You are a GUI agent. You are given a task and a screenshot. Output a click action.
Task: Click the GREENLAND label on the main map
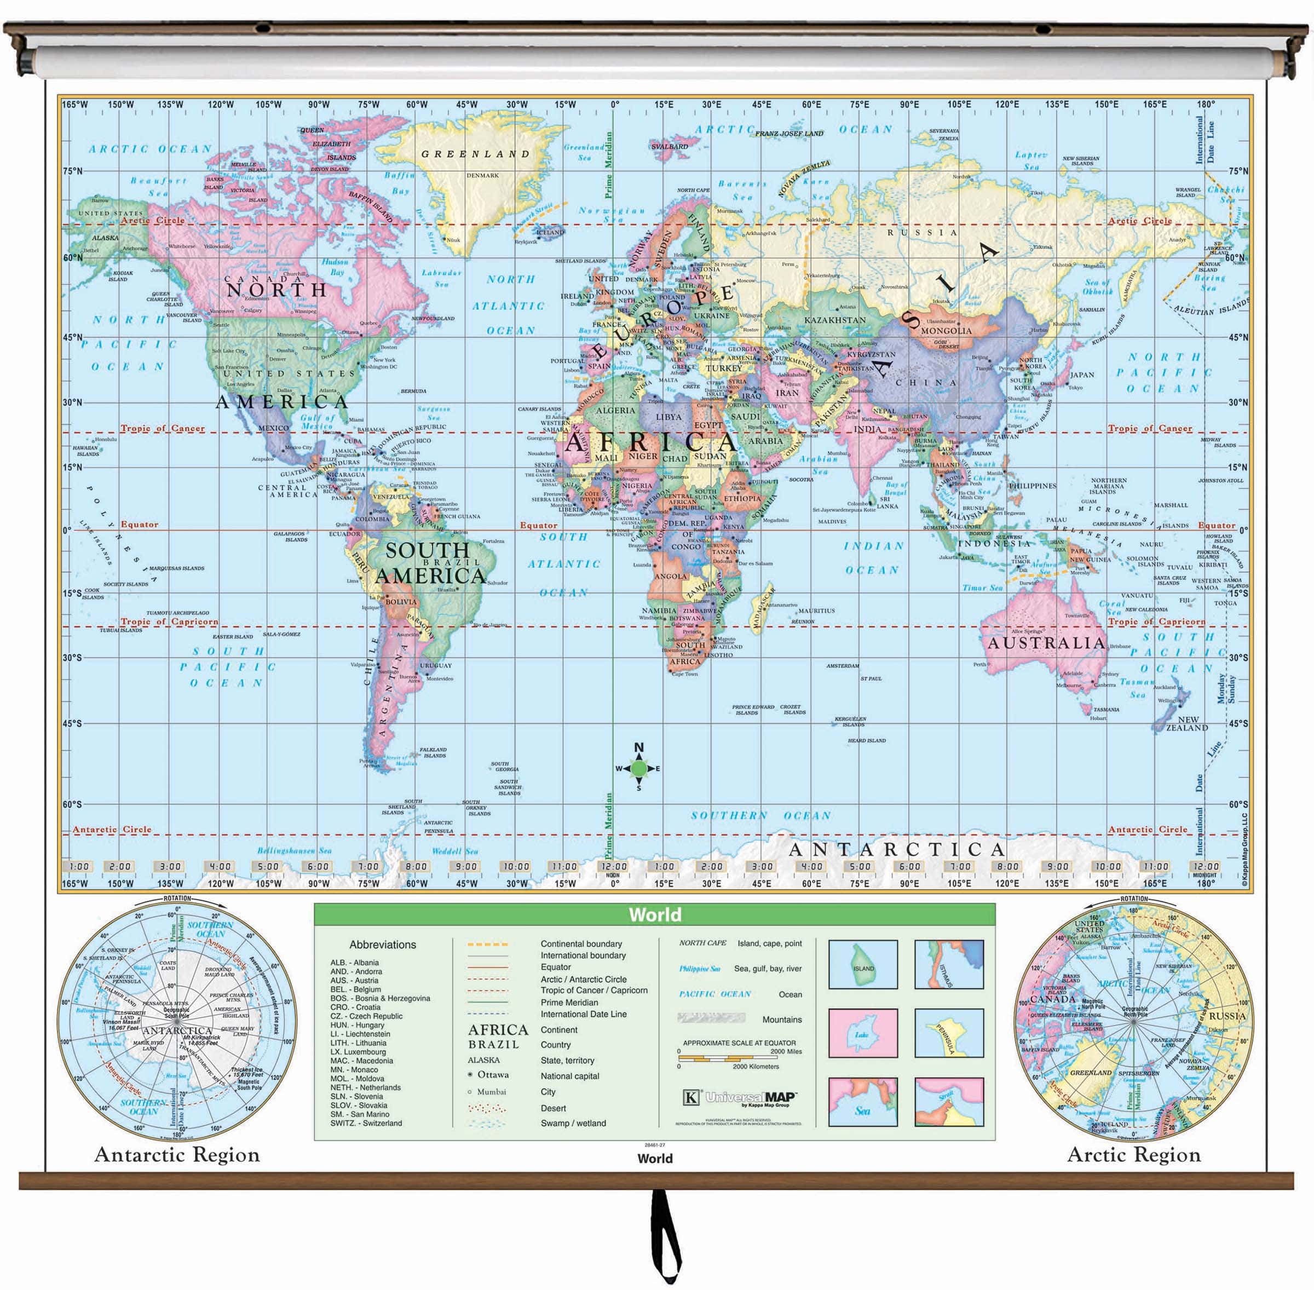pyautogui.click(x=475, y=154)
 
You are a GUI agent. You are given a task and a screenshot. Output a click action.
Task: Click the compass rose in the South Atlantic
pyautogui.click(x=639, y=768)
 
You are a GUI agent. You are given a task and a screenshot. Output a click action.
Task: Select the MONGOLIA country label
pyautogui.click(x=946, y=331)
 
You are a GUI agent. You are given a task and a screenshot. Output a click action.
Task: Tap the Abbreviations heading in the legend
pyautogui.click(x=383, y=945)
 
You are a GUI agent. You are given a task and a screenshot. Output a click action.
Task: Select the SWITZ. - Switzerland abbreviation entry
pyautogui.click(x=366, y=1122)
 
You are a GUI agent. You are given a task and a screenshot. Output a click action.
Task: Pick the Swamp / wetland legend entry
pyautogui.click(x=573, y=1122)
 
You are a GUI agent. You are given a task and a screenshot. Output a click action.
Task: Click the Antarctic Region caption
pyautogui.click(x=177, y=1155)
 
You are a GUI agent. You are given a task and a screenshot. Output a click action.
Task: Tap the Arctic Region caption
pyautogui.click(x=1134, y=1155)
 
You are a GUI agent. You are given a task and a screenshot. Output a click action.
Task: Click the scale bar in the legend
pyautogui.click(x=731, y=1058)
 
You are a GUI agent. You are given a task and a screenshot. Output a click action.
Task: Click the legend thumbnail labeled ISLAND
pyautogui.click(x=863, y=964)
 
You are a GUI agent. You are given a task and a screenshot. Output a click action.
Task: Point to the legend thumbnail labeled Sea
pyautogui.click(x=863, y=1102)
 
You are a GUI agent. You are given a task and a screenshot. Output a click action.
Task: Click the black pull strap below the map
pyautogui.click(x=666, y=1233)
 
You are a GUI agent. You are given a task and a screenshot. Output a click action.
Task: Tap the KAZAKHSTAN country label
pyautogui.click(x=834, y=320)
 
